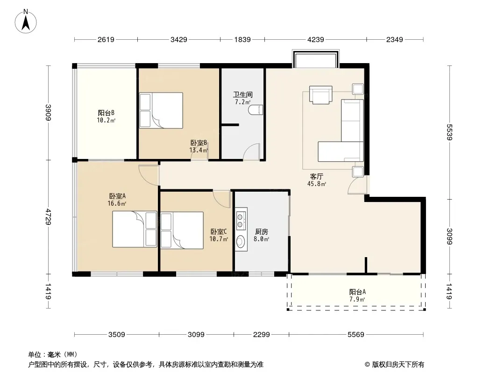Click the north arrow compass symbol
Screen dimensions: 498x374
point(26,22)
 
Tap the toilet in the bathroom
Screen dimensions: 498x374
point(256,110)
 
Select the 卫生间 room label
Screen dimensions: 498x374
point(242,94)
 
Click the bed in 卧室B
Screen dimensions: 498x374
point(161,110)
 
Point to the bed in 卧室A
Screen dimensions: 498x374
point(135,229)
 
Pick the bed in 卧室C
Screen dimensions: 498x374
point(182,230)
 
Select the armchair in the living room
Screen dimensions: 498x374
point(321,94)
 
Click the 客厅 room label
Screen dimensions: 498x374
point(317,176)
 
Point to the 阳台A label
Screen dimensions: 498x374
point(357,292)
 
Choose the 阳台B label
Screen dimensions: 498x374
point(106,113)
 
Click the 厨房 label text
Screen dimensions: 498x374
point(262,231)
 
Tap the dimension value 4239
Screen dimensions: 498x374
point(316,39)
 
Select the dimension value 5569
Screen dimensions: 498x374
point(356,334)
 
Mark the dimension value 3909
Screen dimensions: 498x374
point(48,113)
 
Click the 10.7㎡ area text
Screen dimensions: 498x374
point(219,239)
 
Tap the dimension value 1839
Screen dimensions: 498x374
point(242,39)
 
